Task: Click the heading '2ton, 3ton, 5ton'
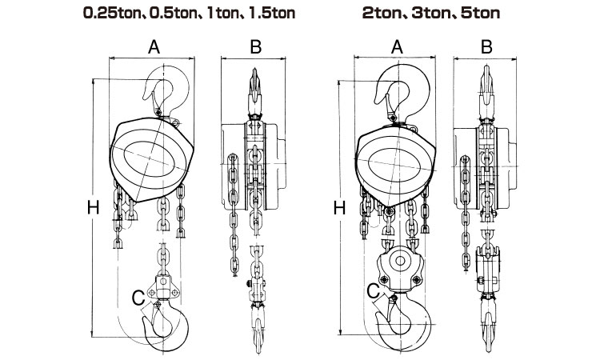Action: tap(436, 14)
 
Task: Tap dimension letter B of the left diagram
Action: tap(255, 46)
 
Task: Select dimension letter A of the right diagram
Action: tap(394, 46)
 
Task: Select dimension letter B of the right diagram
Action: tap(486, 46)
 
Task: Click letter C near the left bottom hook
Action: tap(138, 298)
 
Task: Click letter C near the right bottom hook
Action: tap(374, 293)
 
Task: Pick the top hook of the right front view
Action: tap(404, 92)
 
